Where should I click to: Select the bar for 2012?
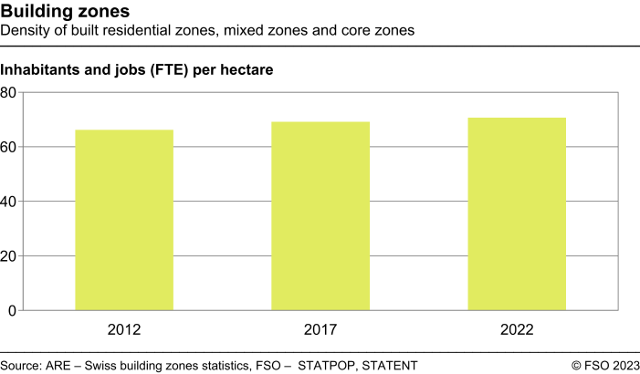click(x=123, y=220)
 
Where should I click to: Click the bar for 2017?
click(x=320, y=216)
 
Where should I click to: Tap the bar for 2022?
click(x=516, y=214)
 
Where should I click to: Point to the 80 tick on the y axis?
click(x=9, y=92)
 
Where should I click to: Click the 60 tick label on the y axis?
click(x=9, y=147)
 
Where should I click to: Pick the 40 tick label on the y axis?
click(x=9, y=202)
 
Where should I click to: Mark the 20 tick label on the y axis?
click(x=9, y=256)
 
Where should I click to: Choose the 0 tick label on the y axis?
click(x=13, y=311)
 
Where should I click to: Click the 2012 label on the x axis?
click(x=123, y=329)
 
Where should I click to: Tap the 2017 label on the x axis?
click(x=320, y=329)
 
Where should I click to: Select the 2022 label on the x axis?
click(x=516, y=329)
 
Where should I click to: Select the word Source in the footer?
click(x=20, y=365)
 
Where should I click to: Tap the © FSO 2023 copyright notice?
click(x=605, y=365)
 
